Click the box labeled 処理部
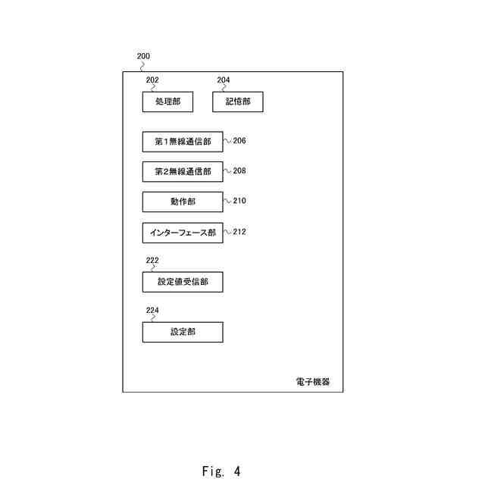pyautogui.click(x=167, y=102)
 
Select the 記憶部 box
pyautogui.click(x=237, y=102)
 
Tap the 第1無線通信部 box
pyautogui.click(x=183, y=142)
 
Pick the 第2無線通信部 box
pyautogui.click(x=183, y=171)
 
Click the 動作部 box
pyautogui.click(x=183, y=202)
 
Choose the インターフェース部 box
pyautogui.click(x=183, y=233)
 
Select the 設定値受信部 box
pyautogui.click(x=183, y=282)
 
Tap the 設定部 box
pyautogui.click(x=183, y=332)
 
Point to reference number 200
pyautogui.click(x=143, y=56)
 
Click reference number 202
pyautogui.click(x=152, y=80)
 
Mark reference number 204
pyautogui.click(x=224, y=80)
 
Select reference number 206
pyautogui.click(x=239, y=141)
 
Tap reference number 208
pyautogui.click(x=239, y=171)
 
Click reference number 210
pyautogui.click(x=239, y=202)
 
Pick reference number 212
pyautogui.click(x=239, y=233)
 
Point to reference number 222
pyautogui.click(x=152, y=260)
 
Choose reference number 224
pyautogui.click(x=152, y=310)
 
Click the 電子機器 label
pyautogui.click(x=313, y=382)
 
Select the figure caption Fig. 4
pyautogui.click(x=221, y=471)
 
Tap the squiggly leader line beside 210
pyautogui.click(x=227, y=202)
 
